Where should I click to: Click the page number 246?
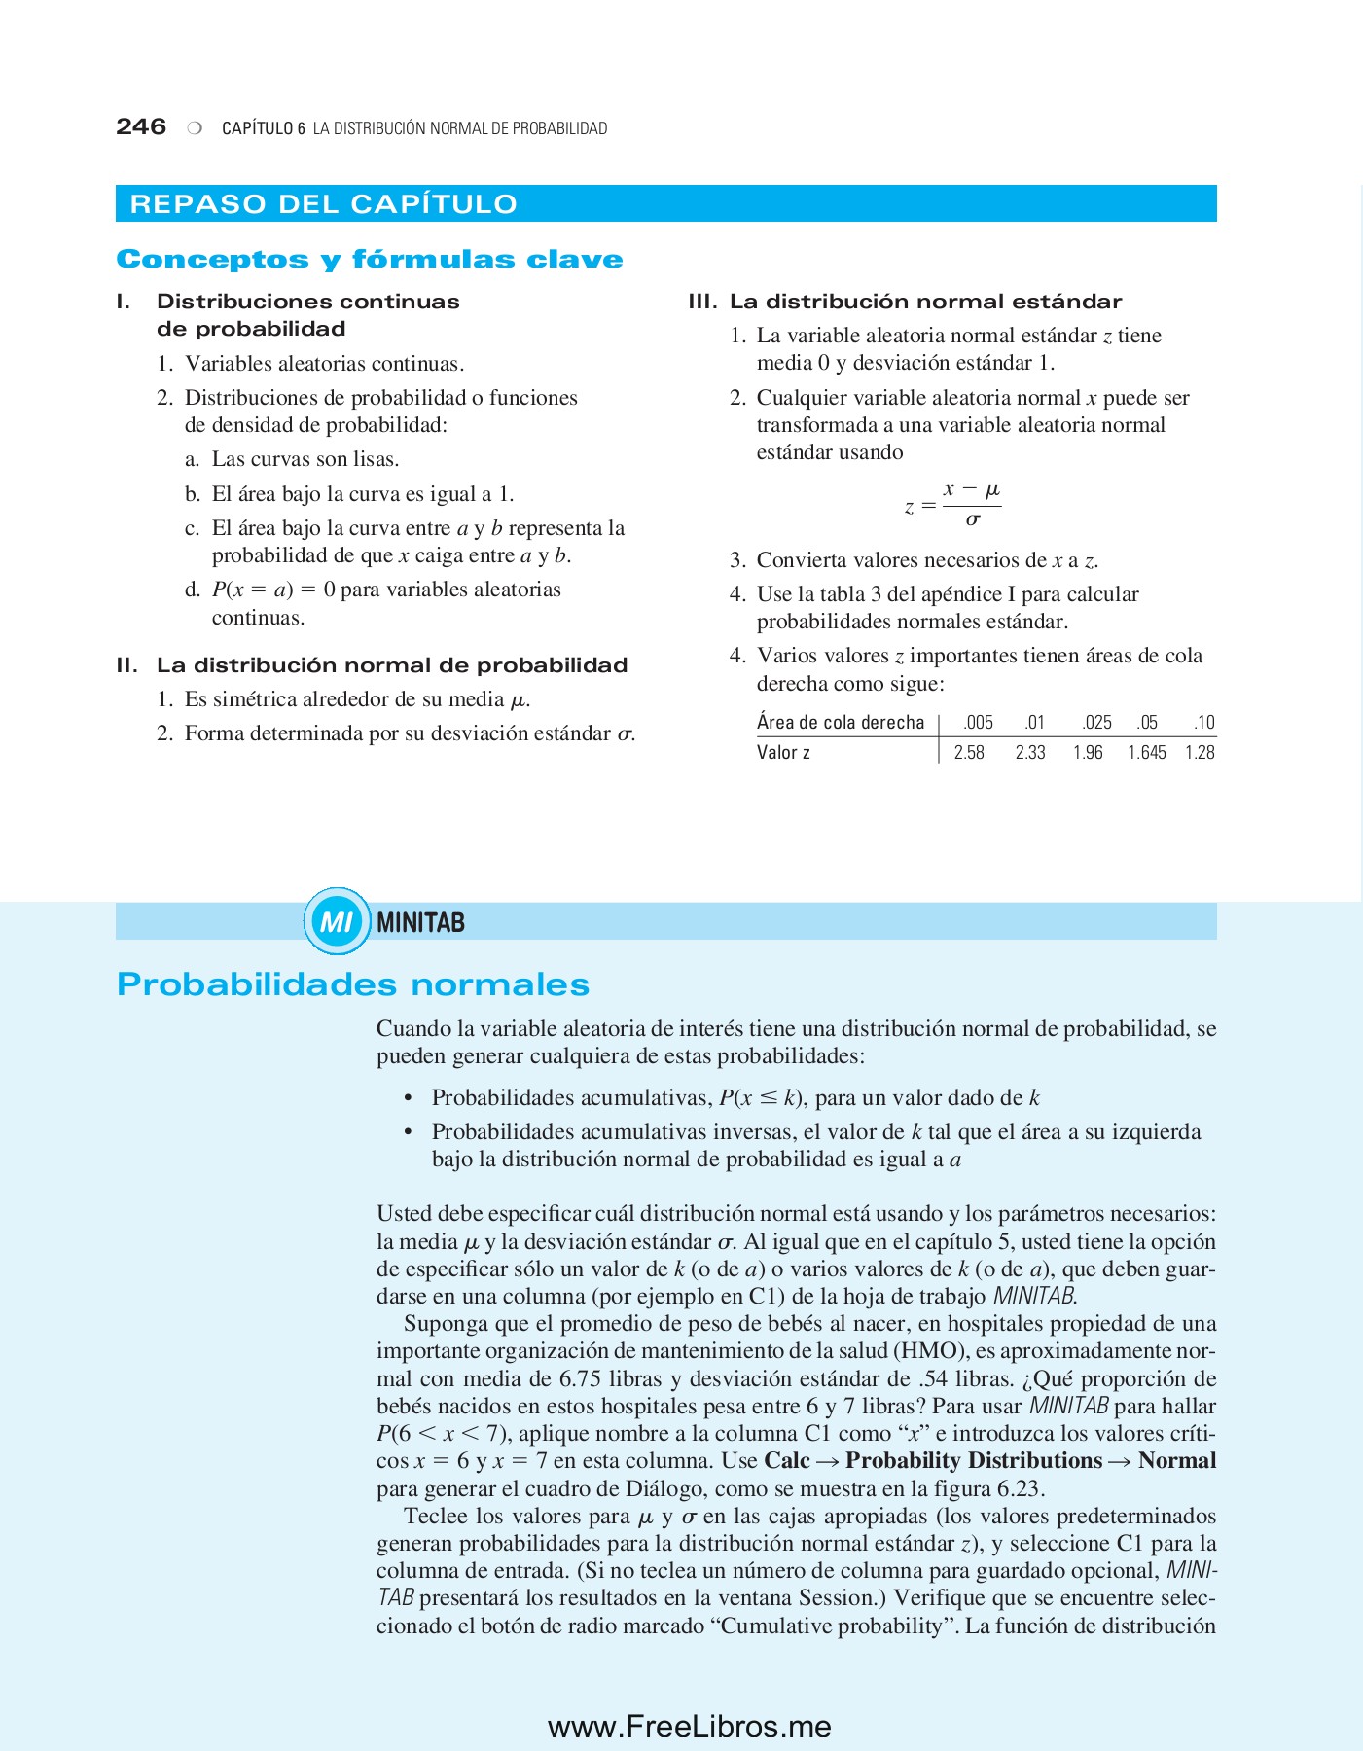point(141,126)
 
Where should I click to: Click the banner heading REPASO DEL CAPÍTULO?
point(323,204)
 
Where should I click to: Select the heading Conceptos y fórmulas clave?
point(370,260)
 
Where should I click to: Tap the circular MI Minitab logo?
point(336,921)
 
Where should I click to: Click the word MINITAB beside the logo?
point(420,922)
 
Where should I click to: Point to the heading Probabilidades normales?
point(353,984)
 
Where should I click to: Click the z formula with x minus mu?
point(953,504)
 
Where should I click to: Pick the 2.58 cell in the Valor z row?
point(969,752)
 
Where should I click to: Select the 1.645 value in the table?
point(1146,752)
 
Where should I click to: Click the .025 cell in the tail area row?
point(1096,722)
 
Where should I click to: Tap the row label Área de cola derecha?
point(841,722)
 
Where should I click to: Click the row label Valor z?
point(783,752)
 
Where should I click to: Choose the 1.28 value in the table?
point(1200,752)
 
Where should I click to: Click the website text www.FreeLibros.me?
point(689,1727)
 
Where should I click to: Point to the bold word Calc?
point(787,1461)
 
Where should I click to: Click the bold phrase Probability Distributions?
point(973,1461)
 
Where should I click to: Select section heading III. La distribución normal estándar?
point(905,302)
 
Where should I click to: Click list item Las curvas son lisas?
point(305,459)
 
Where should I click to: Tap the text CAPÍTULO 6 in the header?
point(264,128)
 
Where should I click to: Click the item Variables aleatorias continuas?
point(324,364)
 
